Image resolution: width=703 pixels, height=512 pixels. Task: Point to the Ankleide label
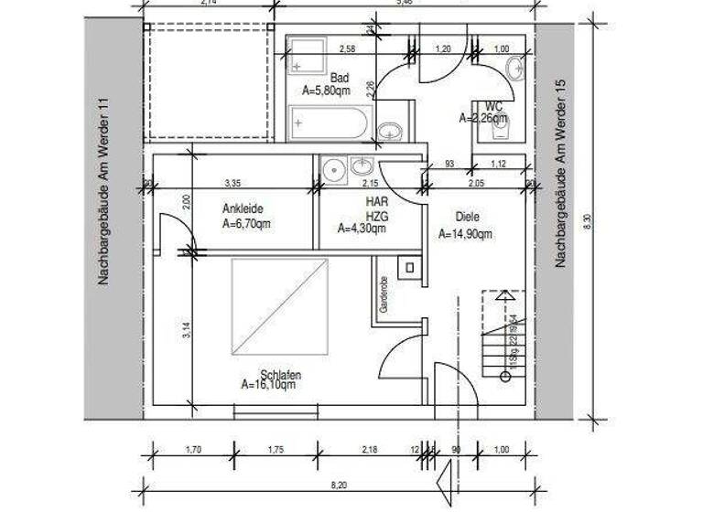click(243, 208)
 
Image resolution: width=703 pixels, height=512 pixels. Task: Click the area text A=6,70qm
click(246, 222)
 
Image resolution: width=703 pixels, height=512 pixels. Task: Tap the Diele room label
click(468, 218)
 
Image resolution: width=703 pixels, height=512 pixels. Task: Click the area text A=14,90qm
click(465, 234)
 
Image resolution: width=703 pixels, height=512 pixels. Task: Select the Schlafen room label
click(280, 375)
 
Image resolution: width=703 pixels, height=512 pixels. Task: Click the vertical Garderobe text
click(384, 294)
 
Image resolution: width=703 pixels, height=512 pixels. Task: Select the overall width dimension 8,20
click(339, 484)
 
